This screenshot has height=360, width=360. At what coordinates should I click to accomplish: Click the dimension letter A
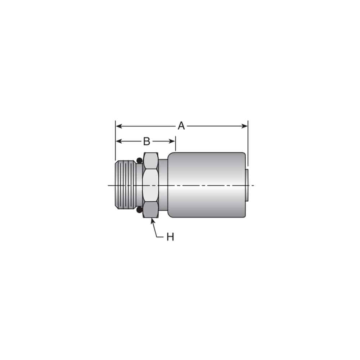(181, 126)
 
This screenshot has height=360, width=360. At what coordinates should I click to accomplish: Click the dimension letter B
(146, 141)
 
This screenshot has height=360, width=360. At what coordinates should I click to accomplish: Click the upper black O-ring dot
(139, 160)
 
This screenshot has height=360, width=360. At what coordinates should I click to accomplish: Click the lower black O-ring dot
(139, 210)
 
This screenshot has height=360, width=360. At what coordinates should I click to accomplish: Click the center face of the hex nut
(150, 185)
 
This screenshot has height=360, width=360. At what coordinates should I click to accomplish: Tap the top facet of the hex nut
(150, 161)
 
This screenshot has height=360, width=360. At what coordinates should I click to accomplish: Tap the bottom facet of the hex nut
(150, 210)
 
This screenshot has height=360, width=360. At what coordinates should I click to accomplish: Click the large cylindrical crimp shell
(207, 185)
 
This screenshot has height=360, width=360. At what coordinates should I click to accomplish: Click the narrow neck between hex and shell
(163, 185)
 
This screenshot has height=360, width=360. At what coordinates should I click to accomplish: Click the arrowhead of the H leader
(152, 220)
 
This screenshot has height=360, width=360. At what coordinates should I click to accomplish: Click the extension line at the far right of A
(248, 144)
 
